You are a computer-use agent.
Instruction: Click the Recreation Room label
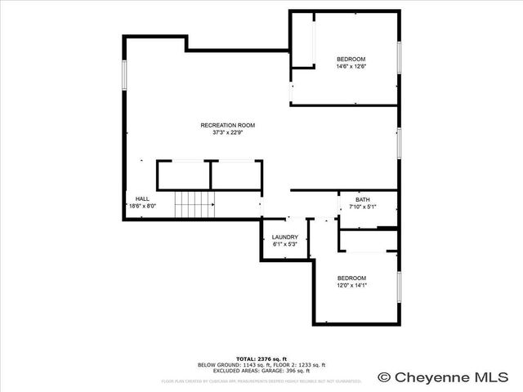(228, 125)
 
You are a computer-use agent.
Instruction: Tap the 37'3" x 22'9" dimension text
(228, 132)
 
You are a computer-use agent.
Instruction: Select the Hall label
(142, 198)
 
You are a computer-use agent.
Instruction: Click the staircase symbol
(194, 203)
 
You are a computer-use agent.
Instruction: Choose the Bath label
(362, 200)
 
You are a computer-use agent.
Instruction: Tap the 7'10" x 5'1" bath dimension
(362, 207)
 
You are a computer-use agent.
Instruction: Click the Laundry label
(284, 238)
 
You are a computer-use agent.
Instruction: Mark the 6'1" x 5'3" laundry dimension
(284, 244)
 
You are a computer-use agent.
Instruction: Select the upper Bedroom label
(351, 59)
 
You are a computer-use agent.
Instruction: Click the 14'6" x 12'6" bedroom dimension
(351, 66)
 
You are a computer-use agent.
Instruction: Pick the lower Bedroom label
(351, 278)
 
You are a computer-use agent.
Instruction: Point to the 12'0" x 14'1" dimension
(351, 285)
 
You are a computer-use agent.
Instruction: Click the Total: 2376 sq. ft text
(261, 359)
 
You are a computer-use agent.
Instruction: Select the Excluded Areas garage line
(261, 371)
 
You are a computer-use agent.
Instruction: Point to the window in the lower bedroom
(400, 288)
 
